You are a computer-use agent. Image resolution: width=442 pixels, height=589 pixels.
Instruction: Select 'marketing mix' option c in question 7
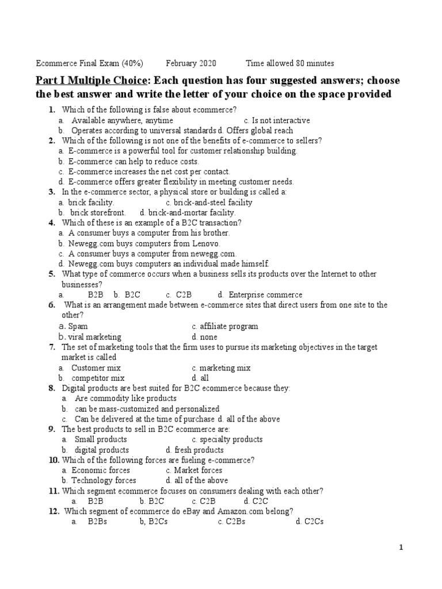click(x=225, y=368)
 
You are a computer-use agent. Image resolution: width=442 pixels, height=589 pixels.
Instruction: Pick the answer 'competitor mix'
click(x=98, y=378)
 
